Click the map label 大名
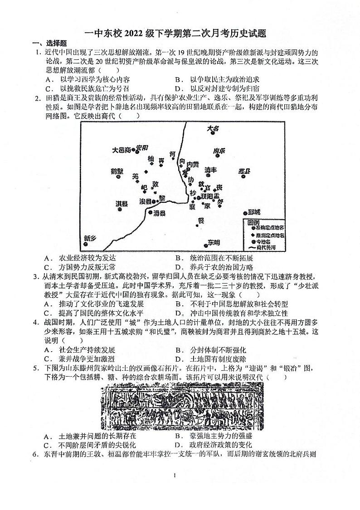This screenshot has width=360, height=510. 213,129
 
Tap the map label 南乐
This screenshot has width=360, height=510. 219,151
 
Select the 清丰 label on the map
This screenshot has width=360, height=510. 210,170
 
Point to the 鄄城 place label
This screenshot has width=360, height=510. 253,212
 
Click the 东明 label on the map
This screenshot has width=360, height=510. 214,241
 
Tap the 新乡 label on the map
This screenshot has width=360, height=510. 90,239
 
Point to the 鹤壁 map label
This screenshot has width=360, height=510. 117,171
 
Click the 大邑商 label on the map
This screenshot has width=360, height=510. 121,149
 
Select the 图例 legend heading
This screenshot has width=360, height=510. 253,223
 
